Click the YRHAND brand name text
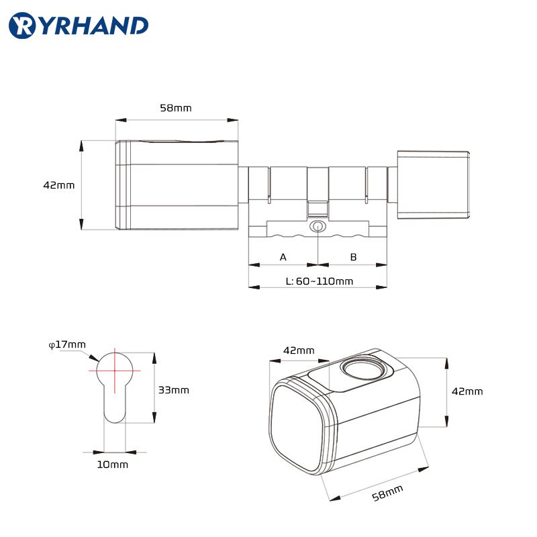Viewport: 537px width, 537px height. point(92,25)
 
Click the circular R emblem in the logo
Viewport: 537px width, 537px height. point(21,26)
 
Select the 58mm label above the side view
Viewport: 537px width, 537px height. point(176,108)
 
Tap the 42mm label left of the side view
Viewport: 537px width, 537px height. point(59,185)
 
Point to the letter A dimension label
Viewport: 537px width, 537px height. point(283,257)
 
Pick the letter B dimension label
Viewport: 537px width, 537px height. point(354,257)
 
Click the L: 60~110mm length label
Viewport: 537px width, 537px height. point(320,281)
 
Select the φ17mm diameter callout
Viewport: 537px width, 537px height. point(67,344)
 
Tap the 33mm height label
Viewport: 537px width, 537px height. point(174,390)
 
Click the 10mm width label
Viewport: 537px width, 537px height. point(113,465)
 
